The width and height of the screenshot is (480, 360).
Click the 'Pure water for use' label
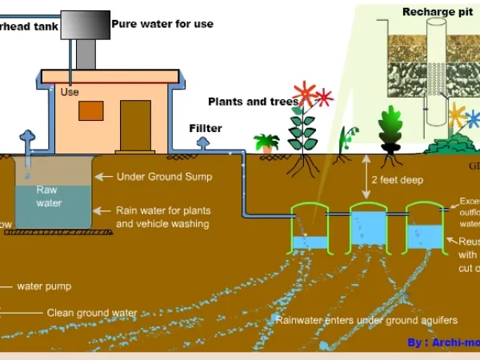[162, 24]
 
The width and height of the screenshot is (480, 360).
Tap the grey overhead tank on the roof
[85, 26]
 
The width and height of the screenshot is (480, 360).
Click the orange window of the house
[90, 110]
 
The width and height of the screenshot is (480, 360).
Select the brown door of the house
[135, 126]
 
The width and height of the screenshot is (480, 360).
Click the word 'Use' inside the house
[70, 92]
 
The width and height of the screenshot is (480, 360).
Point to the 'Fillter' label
[206, 128]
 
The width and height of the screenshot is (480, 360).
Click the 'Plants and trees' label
[253, 102]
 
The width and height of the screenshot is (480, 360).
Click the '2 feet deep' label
[398, 180]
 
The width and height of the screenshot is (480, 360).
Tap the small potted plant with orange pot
[266, 143]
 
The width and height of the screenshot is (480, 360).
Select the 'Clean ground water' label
[91, 313]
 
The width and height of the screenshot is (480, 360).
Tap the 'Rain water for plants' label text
[163, 210]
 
